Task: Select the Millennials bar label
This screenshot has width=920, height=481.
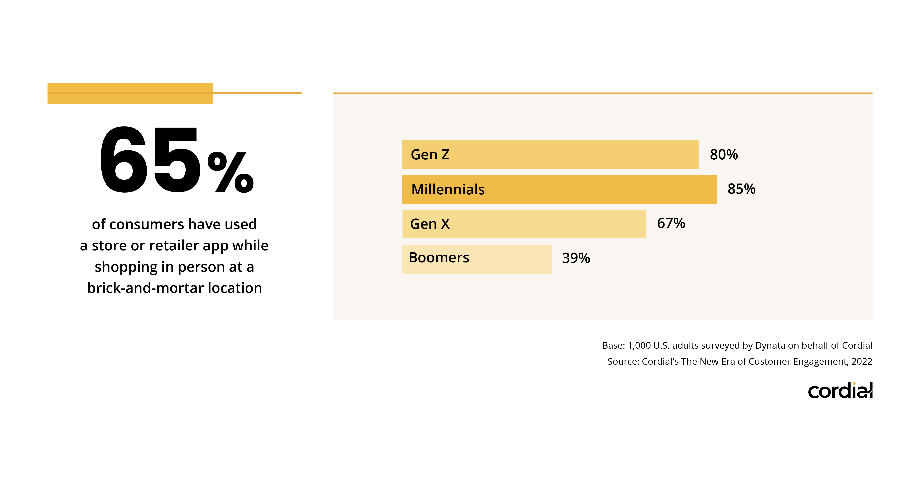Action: [x=448, y=189]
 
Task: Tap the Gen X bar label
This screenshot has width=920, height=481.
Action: [x=430, y=224]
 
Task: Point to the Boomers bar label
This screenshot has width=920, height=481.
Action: [x=439, y=258]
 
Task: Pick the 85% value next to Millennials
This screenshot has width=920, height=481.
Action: [x=741, y=189]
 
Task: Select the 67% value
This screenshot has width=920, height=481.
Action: [x=671, y=223]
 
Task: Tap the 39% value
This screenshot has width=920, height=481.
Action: [x=576, y=258]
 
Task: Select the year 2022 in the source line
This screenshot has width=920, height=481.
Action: [x=862, y=362]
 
